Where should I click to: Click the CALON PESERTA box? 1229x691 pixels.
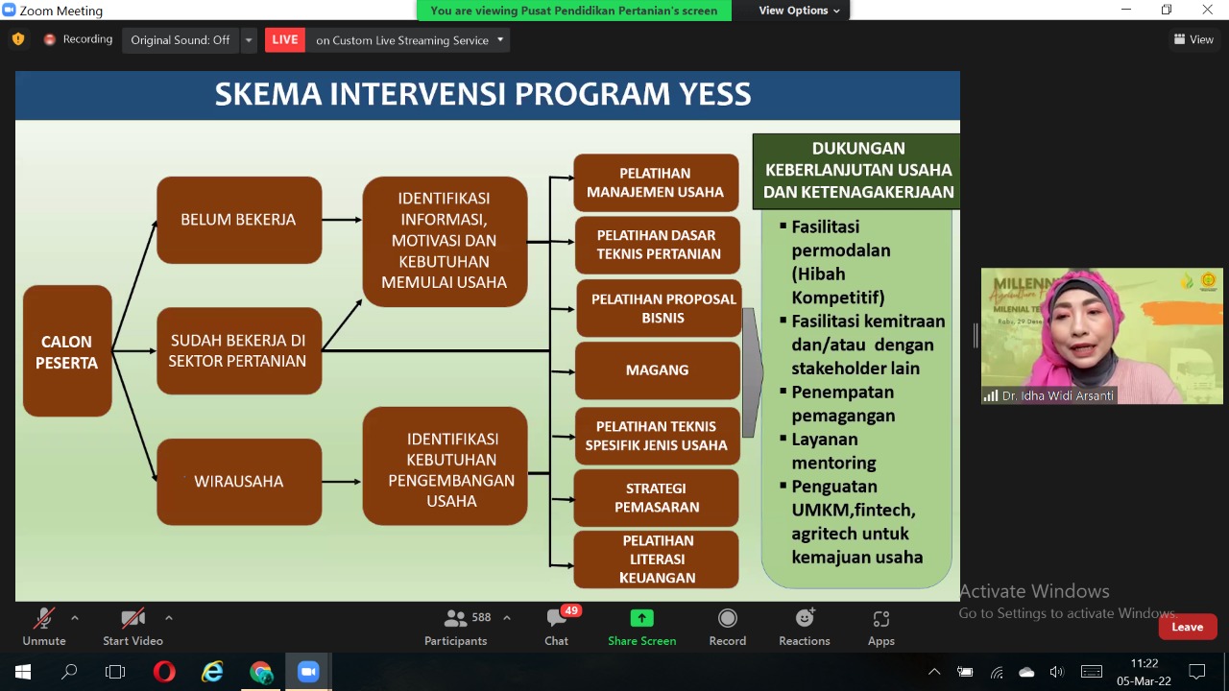pyautogui.click(x=67, y=351)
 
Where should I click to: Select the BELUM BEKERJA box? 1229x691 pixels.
pyautogui.click(x=239, y=220)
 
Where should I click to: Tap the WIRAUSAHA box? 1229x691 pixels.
pyautogui.click(x=239, y=481)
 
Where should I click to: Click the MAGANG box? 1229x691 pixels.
pyautogui.click(x=657, y=369)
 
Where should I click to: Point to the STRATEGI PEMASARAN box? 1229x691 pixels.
pyautogui.click(x=657, y=497)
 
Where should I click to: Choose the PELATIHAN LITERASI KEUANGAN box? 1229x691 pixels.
pyautogui.click(x=657, y=559)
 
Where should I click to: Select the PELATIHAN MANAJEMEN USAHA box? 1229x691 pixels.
pyautogui.click(x=656, y=182)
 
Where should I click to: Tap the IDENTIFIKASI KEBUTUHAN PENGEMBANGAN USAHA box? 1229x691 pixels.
pyautogui.click(x=446, y=469)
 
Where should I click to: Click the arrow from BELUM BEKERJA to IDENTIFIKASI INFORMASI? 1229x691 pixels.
pyautogui.click(x=342, y=220)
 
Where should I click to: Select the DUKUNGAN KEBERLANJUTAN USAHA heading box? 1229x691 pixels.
pyautogui.click(x=856, y=170)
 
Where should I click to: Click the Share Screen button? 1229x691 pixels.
pyautogui.click(x=641, y=627)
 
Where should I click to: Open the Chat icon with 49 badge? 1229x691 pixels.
pyautogui.click(x=557, y=627)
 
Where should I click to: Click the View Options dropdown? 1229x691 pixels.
pyautogui.click(x=799, y=11)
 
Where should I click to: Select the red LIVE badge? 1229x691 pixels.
pyautogui.click(x=285, y=39)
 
